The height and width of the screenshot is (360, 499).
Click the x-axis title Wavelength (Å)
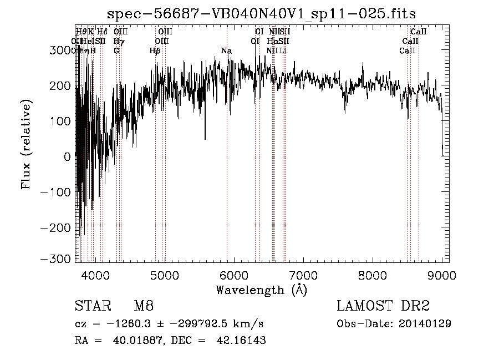(261, 290)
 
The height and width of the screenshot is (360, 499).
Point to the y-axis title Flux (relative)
(26, 145)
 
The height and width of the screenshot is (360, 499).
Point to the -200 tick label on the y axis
(57, 228)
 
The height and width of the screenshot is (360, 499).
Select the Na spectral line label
(226, 51)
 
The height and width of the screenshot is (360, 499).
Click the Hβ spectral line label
(155, 51)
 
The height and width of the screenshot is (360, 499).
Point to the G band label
(116, 51)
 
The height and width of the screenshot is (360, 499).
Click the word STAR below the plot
(91, 306)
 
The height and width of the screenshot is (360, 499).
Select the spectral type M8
(144, 306)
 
